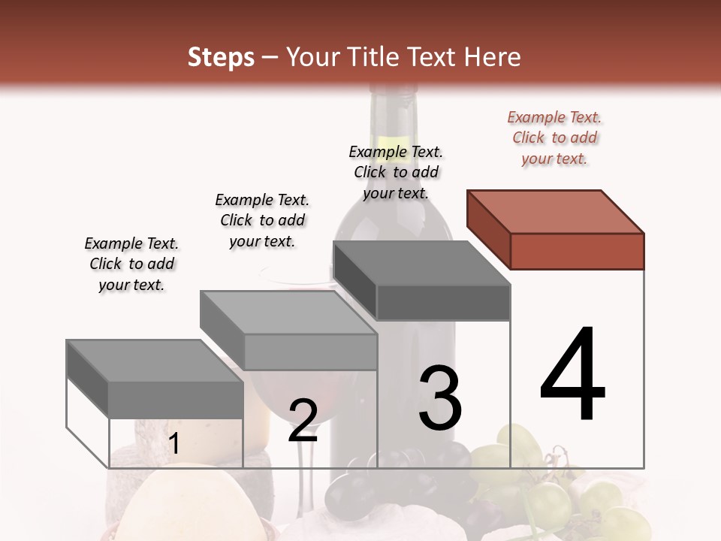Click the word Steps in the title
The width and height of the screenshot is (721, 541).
pos(221,58)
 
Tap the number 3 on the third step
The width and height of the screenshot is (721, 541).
pos(440,398)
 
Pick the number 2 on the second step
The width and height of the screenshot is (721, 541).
pos(303,421)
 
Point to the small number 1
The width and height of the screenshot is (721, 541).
pos(174,444)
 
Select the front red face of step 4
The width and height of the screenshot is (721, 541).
pos(577,251)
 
